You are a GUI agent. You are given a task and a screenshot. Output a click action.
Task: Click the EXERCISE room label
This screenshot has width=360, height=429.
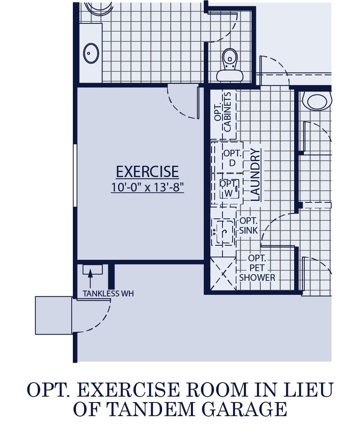click(x=147, y=172)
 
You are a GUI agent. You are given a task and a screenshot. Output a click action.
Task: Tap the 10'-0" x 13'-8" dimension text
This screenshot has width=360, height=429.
click(x=147, y=187)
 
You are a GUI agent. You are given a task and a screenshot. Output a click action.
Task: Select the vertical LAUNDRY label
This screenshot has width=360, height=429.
click(x=255, y=175)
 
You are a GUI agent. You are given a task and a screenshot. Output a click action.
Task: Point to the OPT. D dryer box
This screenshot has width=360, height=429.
click(x=233, y=158)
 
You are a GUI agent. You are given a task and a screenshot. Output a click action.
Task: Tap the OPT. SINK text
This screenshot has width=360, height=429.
click(x=249, y=225)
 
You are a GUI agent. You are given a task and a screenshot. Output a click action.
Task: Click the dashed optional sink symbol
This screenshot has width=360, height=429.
click(x=223, y=232)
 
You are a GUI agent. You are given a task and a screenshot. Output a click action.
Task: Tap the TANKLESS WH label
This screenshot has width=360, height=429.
click(x=108, y=294)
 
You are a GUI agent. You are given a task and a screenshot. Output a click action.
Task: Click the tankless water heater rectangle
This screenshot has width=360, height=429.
click(x=93, y=269)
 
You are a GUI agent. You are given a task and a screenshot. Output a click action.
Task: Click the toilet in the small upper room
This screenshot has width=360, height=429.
click(x=230, y=66)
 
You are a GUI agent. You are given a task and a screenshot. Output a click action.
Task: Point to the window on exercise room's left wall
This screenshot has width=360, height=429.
click(x=75, y=175)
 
